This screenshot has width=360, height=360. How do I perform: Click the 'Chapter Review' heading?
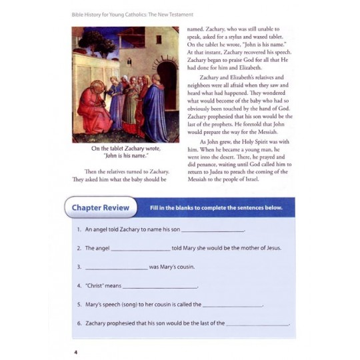click(x=101, y=208)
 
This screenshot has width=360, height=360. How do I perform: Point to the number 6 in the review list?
click(x=79, y=323)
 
